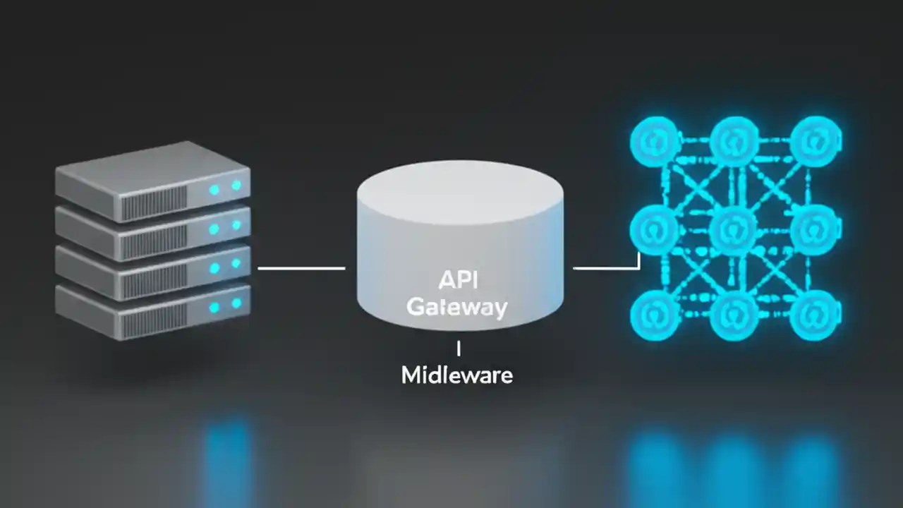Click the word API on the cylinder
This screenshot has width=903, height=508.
(x=459, y=279)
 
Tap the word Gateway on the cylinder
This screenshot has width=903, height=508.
(x=457, y=307)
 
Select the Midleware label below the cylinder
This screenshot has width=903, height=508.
(x=457, y=375)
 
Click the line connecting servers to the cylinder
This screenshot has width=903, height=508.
(x=301, y=268)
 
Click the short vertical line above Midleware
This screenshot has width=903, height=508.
(x=459, y=348)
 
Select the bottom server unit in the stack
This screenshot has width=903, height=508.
(x=152, y=313)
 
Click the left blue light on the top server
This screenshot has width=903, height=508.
(x=214, y=190)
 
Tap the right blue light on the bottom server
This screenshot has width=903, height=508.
(x=236, y=303)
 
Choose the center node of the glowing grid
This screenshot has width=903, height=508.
(x=734, y=229)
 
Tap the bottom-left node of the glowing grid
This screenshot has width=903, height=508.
(x=654, y=315)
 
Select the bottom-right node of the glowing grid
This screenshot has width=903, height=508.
(x=815, y=315)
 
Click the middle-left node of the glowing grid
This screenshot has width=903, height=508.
(x=654, y=229)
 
